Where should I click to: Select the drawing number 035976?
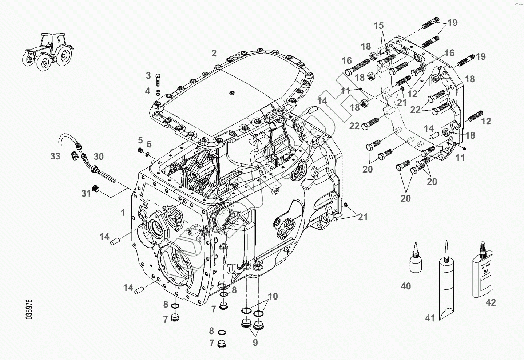[29, 309]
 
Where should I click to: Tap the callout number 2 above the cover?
[214, 53]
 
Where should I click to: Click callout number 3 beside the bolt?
[148, 76]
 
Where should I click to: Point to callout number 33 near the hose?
[55, 157]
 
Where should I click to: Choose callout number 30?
[99, 157]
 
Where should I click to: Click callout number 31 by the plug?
[86, 193]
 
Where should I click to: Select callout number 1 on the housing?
[123, 212]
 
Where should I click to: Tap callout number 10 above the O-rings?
[273, 296]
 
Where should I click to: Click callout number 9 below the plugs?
[255, 343]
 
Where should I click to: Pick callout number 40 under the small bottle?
[406, 286]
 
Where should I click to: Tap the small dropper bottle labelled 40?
[415, 260]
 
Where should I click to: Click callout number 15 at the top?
[378, 25]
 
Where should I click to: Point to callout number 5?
[140, 140]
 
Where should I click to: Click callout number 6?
[149, 144]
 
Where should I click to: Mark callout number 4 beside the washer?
[147, 91]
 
